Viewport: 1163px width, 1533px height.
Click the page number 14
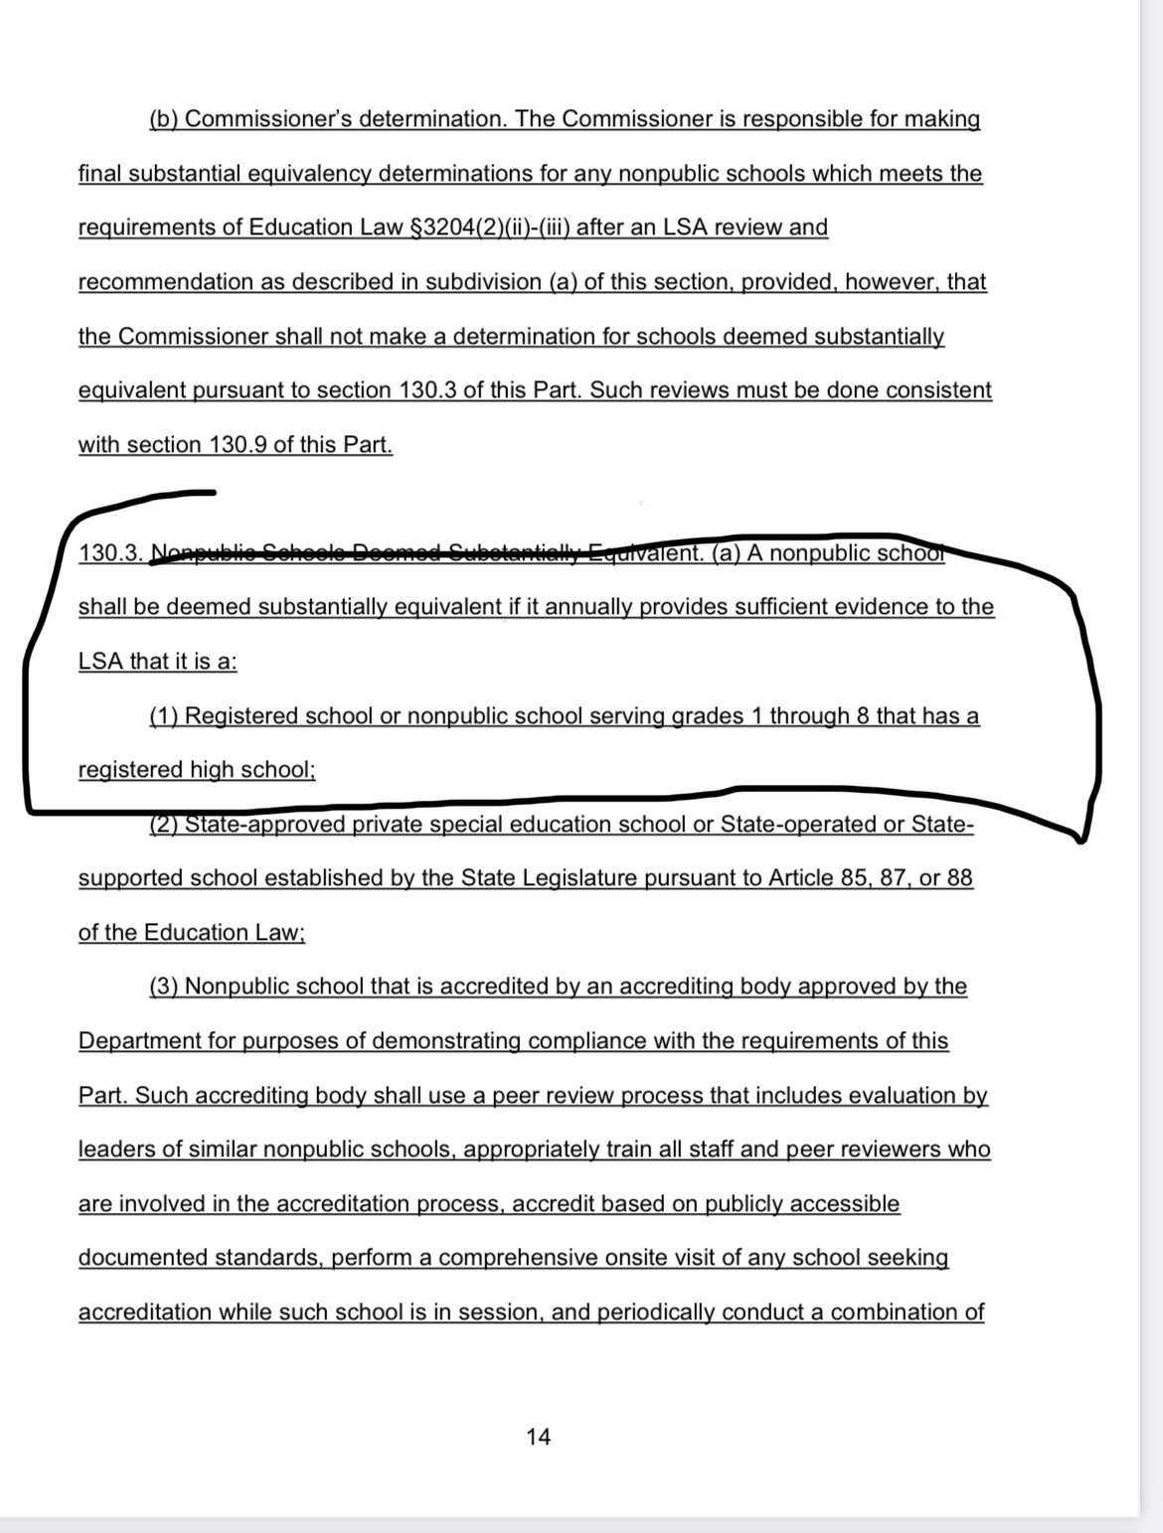[538, 1437]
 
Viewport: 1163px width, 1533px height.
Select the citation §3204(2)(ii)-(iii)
[489, 228]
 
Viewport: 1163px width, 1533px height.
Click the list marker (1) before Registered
[164, 716]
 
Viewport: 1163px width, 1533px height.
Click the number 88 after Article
[958, 878]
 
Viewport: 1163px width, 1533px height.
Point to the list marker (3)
[164, 987]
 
